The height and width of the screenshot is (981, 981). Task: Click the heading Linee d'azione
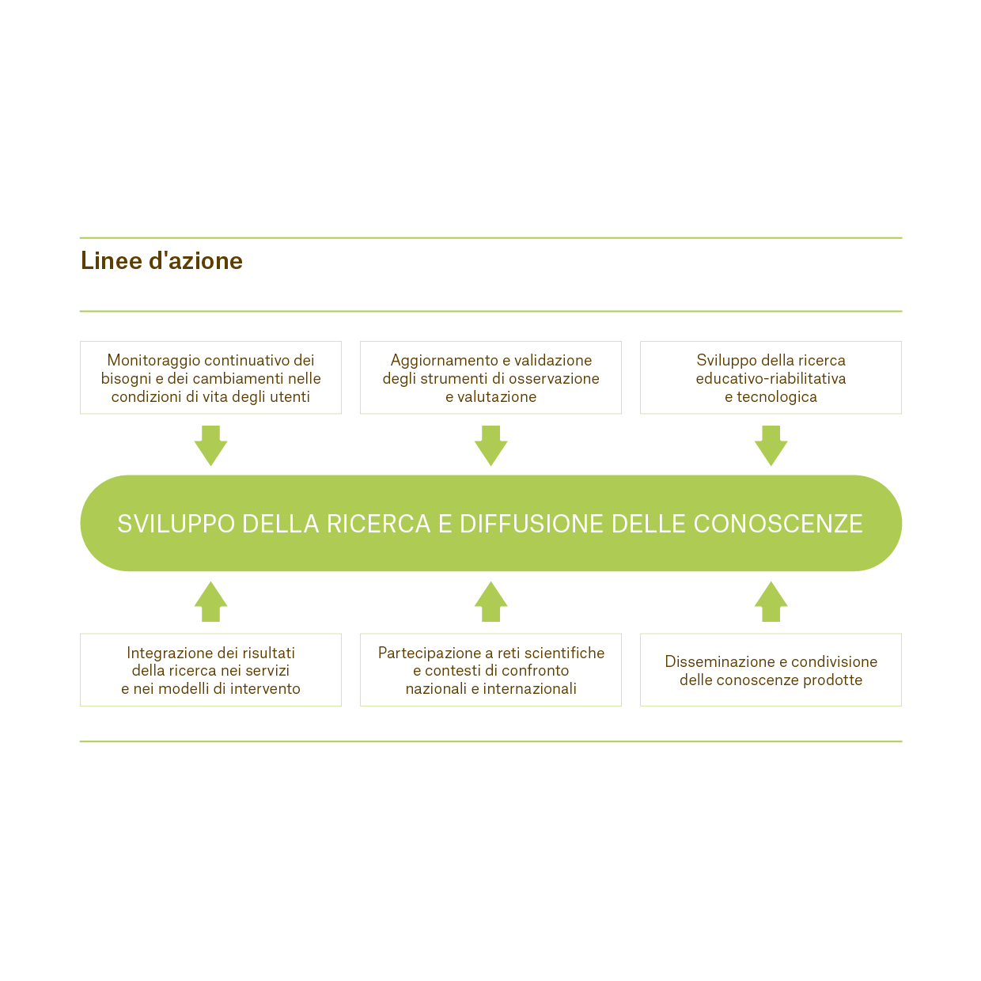coord(161,260)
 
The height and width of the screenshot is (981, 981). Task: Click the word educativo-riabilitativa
coord(771,378)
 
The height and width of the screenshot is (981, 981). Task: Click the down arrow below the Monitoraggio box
coord(210,445)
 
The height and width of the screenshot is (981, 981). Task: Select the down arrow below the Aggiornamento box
coord(490,445)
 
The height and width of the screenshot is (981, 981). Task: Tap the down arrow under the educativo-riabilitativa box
coord(771,445)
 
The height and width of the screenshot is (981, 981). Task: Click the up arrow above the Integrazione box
coord(210,602)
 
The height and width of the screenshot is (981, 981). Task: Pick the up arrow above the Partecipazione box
coord(490,602)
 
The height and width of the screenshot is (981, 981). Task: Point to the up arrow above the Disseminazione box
coord(771,602)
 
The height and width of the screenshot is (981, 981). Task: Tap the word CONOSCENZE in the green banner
coord(778,524)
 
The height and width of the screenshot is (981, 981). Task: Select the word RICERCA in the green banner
coord(378,524)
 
